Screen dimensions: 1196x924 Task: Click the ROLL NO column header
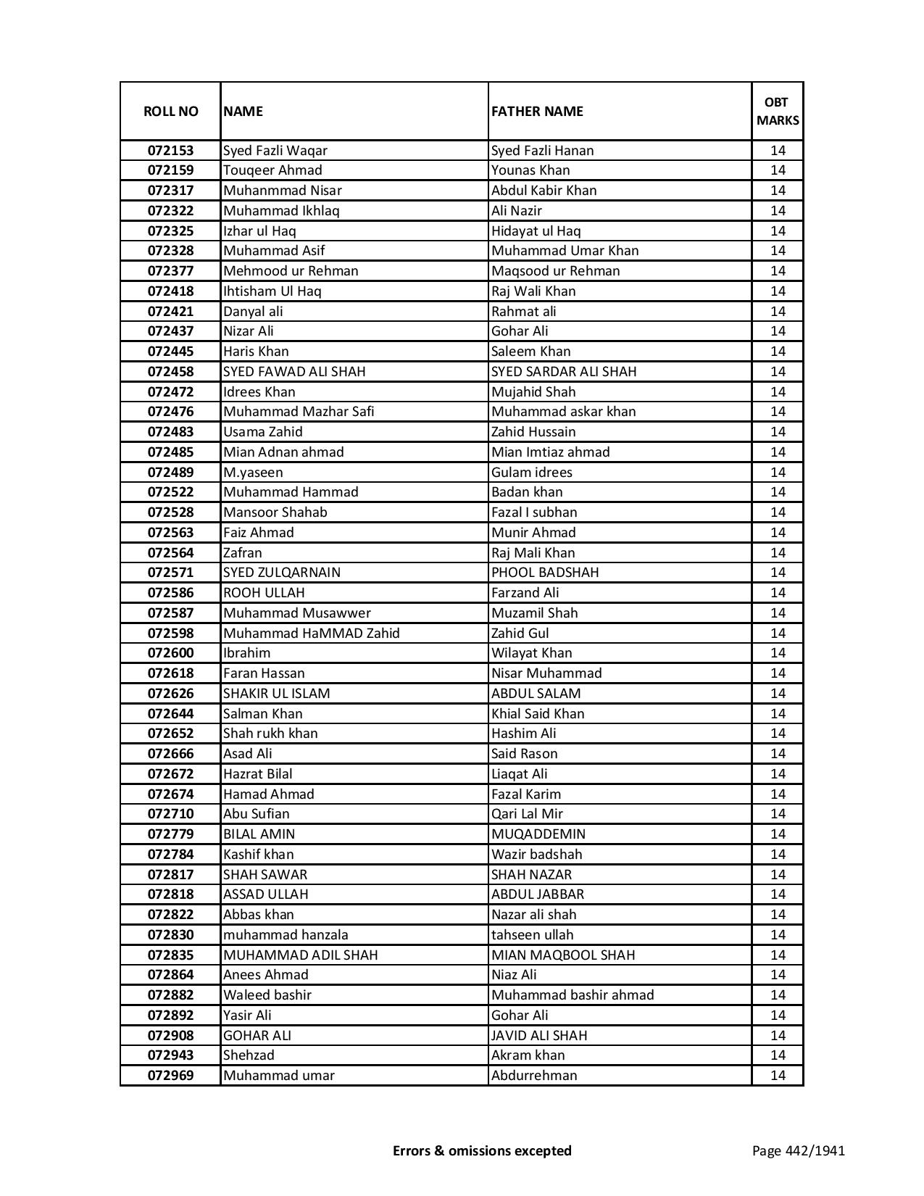[170, 112]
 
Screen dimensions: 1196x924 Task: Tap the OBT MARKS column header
[778, 112]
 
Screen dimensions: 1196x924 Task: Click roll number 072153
[170, 151]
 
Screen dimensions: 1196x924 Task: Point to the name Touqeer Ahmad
[272, 170]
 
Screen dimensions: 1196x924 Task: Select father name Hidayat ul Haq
[536, 231]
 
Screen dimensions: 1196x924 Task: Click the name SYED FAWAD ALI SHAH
[294, 372]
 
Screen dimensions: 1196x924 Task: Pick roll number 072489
[170, 473]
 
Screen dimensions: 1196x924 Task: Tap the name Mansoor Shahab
[275, 512]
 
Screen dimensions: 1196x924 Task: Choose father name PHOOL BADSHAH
[545, 573]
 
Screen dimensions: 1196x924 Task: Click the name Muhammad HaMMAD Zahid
[311, 634]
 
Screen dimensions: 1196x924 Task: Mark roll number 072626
[170, 694]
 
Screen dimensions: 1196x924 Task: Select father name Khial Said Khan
[538, 714]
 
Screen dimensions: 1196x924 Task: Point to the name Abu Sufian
[256, 814]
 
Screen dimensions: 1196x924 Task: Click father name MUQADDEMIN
[538, 834]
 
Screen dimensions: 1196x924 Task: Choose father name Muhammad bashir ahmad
[573, 995]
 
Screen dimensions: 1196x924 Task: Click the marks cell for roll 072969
[778, 1076]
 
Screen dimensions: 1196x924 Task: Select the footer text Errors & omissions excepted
[482, 1150]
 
